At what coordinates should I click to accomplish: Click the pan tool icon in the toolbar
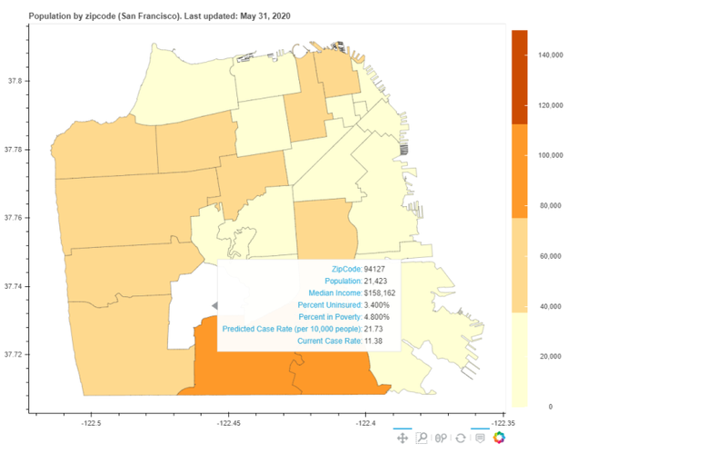402,438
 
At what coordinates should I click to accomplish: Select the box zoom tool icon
422,438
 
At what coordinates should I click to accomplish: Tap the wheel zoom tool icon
441,438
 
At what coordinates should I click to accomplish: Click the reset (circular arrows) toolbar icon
461,438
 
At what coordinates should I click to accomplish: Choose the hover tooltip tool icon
480,438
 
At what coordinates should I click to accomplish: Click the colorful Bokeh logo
499,438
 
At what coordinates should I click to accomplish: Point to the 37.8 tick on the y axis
15,81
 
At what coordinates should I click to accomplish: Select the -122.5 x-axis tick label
91,422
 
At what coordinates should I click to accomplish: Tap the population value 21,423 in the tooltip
377,281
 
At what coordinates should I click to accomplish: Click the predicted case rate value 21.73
374,328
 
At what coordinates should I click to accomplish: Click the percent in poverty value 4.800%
379,317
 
